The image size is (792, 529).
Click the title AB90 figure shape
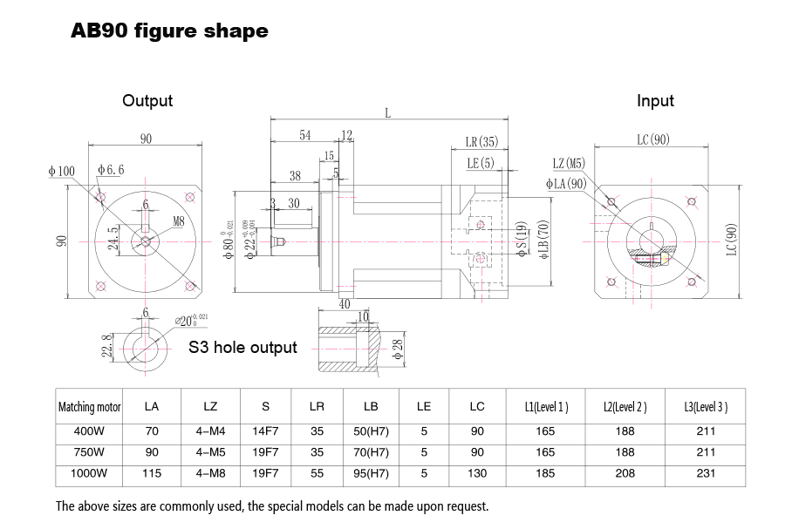pos(168,31)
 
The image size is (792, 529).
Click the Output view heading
pos(147,101)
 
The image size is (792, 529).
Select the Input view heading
pos(655,101)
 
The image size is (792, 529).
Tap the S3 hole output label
pos(242,348)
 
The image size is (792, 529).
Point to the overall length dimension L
pos(387,113)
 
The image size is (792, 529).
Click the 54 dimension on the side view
pos(305,135)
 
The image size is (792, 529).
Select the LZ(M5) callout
pos(569,163)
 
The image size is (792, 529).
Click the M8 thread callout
pos(179,222)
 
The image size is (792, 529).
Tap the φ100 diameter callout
pos(61,172)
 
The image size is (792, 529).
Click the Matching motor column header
pos(89,407)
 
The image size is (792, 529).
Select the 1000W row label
pos(89,473)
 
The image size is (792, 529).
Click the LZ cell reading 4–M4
pos(210,431)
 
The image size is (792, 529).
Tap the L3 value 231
pos(707,473)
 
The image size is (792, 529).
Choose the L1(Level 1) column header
pos(546,407)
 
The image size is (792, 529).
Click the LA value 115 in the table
pos(152,473)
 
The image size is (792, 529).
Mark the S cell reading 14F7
pos(265,431)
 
